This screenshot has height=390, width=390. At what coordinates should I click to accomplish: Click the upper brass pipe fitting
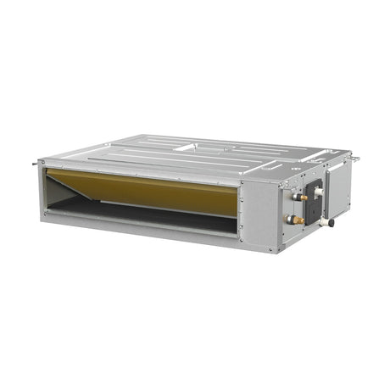coord(298,197)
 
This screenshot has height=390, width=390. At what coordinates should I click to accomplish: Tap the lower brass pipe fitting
coord(296,219)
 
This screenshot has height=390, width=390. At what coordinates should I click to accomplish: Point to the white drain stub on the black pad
coord(318,193)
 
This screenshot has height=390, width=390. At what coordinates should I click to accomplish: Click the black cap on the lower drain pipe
coord(329,223)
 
